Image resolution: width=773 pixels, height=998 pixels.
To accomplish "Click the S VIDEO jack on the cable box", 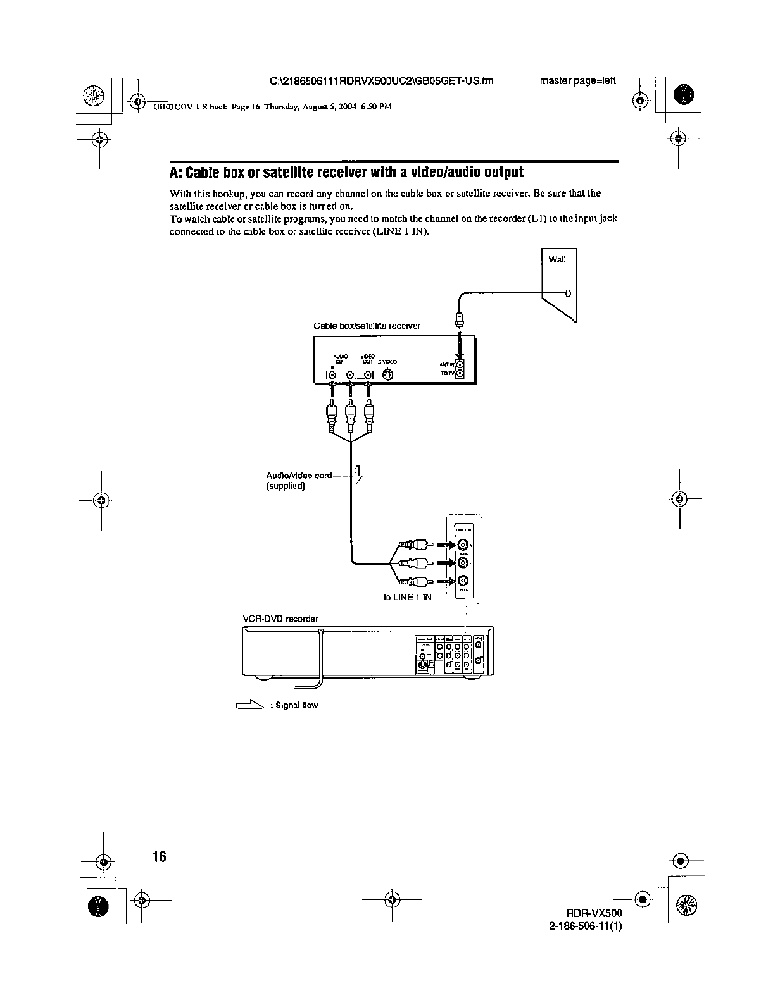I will (389, 375).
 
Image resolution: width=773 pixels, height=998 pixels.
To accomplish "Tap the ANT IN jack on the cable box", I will (460, 364).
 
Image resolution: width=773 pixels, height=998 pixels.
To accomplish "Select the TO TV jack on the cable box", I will (460, 374).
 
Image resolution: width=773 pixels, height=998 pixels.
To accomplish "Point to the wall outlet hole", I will (568, 293).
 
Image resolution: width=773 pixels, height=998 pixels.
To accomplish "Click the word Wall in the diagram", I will (557, 259).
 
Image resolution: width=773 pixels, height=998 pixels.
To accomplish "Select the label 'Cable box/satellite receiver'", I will (367, 326).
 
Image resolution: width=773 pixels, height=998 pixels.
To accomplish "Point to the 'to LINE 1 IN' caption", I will (408, 597).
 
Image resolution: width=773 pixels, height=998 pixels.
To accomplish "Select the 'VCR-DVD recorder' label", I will (281, 619).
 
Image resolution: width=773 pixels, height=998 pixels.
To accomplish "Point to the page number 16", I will (158, 857).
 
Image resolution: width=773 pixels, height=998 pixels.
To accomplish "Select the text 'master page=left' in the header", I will (577, 81).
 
